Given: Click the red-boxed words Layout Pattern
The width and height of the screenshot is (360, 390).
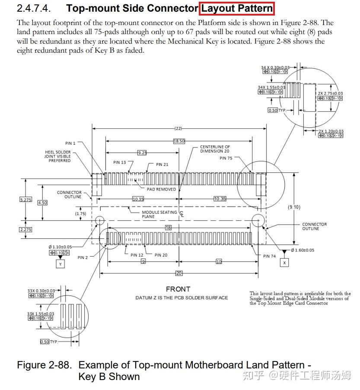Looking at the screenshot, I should (x=237, y=8).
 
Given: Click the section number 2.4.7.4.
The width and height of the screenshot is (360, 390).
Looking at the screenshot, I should (x=36, y=8).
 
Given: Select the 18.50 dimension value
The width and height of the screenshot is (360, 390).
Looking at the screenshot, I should (x=179, y=141).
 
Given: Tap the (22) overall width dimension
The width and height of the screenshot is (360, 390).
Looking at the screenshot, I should (x=178, y=128).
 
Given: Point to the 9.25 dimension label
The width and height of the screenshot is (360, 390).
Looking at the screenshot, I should (x=142, y=152).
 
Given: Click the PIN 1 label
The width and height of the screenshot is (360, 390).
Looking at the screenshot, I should (x=70, y=143).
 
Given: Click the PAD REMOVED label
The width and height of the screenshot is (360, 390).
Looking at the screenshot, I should (x=161, y=189).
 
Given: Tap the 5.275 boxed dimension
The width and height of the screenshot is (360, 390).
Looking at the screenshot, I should (x=25, y=199).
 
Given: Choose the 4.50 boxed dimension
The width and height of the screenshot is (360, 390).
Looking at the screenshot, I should (x=42, y=203).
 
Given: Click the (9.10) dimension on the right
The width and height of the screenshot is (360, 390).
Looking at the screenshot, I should (x=294, y=207).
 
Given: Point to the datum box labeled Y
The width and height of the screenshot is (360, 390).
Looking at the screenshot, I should (x=61, y=263).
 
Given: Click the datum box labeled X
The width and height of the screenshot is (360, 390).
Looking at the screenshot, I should (x=284, y=263).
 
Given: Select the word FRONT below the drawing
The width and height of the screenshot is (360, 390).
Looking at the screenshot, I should (x=178, y=289).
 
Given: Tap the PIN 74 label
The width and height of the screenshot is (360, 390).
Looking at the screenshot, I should (x=269, y=256).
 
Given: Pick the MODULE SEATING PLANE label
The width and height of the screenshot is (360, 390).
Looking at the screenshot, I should (x=159, y=214).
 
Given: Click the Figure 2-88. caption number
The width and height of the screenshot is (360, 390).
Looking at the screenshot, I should (x=44, y=365).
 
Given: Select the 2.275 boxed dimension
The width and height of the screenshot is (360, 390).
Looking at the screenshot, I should (x=25, y=229).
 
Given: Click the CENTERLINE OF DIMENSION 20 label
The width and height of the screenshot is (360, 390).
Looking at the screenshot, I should (x=215, y=149).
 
